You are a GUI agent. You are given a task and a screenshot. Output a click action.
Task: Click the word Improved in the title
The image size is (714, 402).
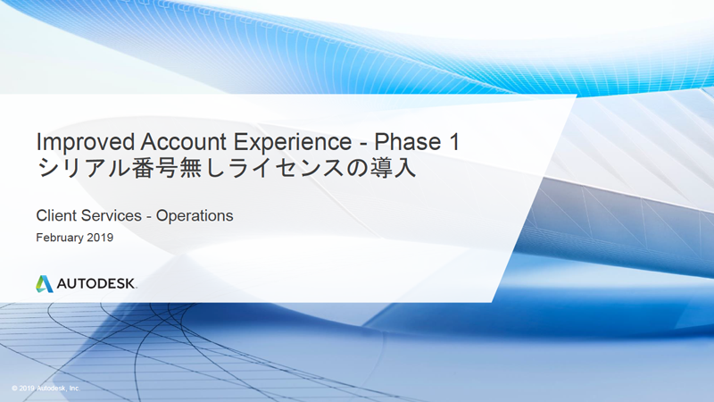(x=86, y=143)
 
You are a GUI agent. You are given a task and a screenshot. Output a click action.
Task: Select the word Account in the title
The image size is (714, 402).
(x=185, y=142)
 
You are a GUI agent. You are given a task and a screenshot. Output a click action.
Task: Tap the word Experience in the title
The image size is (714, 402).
(x=293, y=143)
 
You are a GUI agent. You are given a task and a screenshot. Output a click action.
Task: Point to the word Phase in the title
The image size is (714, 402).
(x=408, y=142)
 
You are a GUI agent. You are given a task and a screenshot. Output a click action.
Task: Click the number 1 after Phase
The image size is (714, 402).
(x=454, y=142)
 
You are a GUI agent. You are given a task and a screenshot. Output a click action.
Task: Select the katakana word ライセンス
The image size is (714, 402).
(x=286, y=168)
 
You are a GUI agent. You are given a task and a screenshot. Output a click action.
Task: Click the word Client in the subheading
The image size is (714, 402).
(x=56, y=215)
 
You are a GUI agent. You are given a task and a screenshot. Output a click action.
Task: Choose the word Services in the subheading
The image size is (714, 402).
(x=111, y=215)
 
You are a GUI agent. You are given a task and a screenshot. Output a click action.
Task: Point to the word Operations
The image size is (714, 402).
(x=195, y=216)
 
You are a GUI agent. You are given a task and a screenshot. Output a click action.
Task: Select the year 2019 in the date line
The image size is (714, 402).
(x=100, y=238)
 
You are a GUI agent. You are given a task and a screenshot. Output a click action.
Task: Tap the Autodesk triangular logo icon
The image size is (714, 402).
(x=44, y=283)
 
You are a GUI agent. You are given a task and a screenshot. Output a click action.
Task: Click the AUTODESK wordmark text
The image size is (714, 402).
(x=96, y=283)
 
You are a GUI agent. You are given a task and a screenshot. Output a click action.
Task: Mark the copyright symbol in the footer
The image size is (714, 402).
(x=14, y=389)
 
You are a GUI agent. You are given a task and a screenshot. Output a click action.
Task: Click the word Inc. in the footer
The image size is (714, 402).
(x=75, y=389)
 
